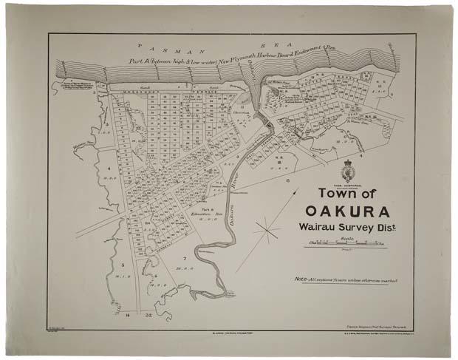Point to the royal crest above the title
tap(348, 170)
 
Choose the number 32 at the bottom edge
tap(148, 316)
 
